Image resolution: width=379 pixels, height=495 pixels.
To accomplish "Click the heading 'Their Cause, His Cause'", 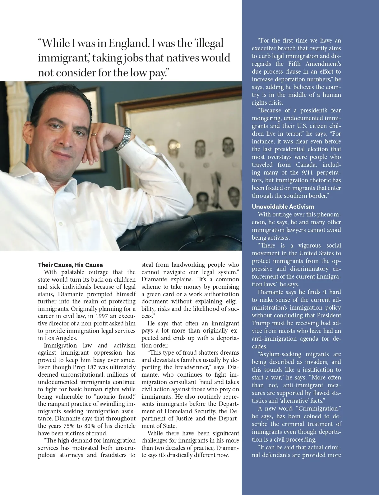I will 70,265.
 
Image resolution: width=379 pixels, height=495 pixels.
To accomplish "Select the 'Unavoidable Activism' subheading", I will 283,207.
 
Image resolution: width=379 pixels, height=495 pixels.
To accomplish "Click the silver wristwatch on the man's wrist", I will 126,138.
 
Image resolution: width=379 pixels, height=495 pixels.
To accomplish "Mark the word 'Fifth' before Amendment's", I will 294,64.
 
